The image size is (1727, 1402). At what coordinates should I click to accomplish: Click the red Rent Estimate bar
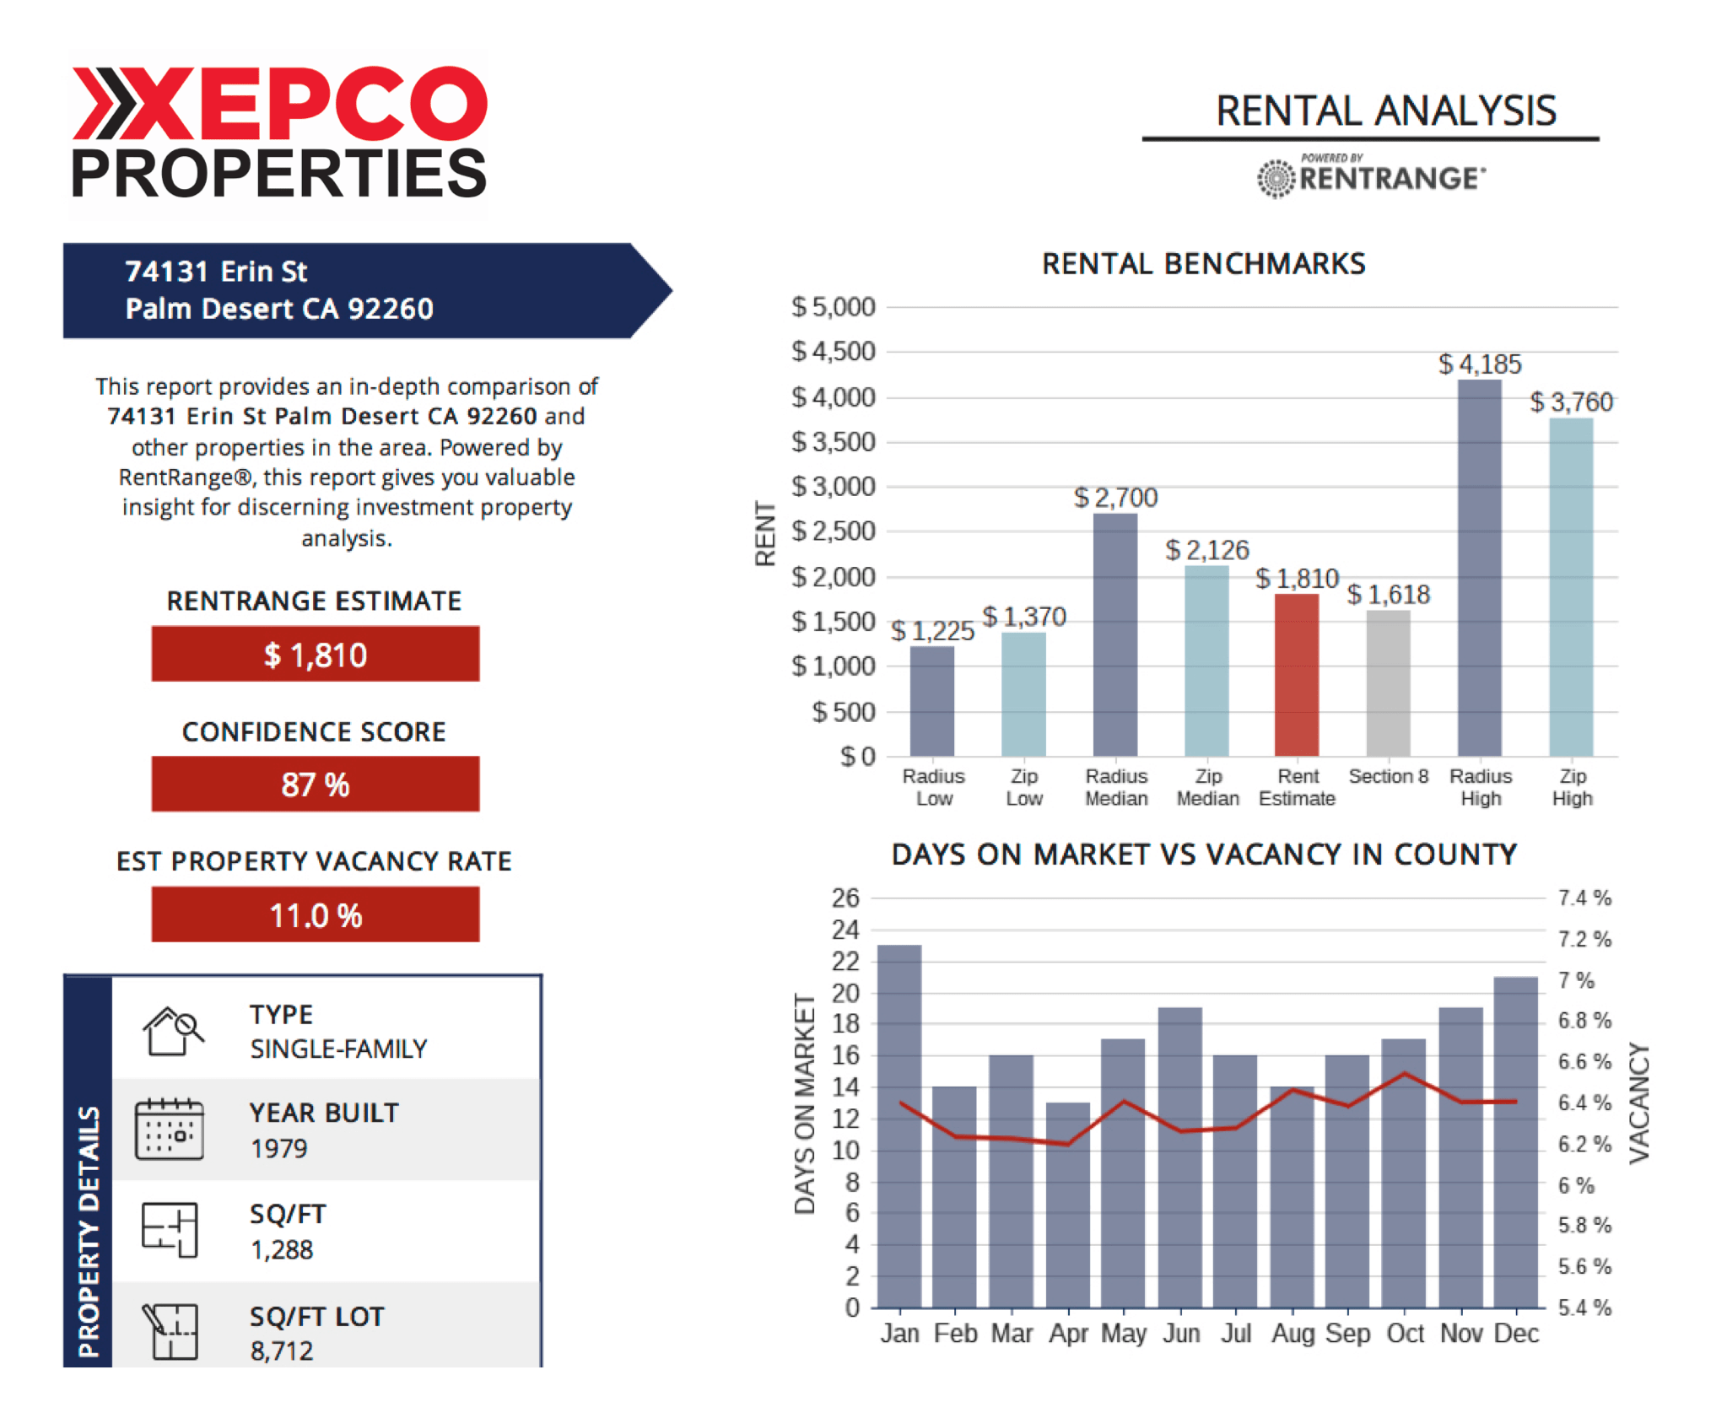coord(1296,675)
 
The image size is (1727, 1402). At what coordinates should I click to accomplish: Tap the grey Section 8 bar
coord(1388,682)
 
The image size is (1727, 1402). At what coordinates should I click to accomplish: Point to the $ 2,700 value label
coord(1115,498)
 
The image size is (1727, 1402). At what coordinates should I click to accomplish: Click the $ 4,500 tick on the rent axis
coord(834,351)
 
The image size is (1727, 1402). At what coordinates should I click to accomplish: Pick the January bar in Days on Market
coord(899,1125)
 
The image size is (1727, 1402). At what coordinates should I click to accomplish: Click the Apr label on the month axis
coord(1068,1334)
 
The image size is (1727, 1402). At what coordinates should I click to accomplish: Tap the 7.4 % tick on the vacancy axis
coord(1584,898)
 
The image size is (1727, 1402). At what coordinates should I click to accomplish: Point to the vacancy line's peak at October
coord(1404,1073)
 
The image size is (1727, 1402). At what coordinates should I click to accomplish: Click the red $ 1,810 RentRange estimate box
coord(316,654)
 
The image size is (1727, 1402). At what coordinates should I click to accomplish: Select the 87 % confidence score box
coord(316,784)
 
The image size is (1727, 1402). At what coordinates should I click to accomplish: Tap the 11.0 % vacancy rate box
coord(316,914)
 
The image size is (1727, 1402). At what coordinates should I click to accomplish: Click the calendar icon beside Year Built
coord(170,1129)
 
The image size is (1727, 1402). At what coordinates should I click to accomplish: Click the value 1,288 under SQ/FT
coord(282,1249)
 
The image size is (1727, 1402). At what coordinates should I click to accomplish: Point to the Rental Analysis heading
coord(1385,111)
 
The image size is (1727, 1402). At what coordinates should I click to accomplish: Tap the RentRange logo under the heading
coord(1371,176)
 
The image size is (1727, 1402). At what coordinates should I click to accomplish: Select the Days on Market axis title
coord(805,1104)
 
